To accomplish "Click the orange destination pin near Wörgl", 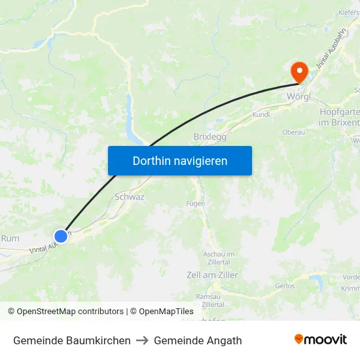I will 299,71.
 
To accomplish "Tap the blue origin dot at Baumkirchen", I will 61,236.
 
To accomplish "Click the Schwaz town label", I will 130,196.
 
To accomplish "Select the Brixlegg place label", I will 210,137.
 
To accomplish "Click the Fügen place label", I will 196,204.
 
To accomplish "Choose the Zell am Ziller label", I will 212,275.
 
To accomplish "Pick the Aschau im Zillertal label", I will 219,257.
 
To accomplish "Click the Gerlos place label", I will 285,286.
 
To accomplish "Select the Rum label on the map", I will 10,238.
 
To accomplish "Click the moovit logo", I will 321,339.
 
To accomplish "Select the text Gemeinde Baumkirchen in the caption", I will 71,340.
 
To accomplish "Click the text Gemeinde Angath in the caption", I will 198,340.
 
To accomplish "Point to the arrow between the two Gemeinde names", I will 142,340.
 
